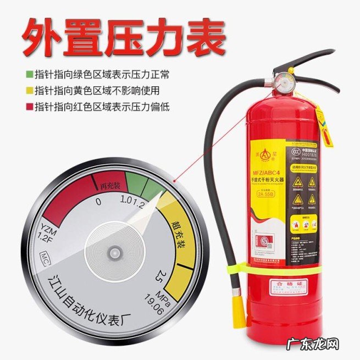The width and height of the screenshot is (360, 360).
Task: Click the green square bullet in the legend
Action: point(29,73)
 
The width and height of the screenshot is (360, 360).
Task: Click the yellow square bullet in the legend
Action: point(29,89)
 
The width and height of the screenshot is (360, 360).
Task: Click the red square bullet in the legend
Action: point(29,106)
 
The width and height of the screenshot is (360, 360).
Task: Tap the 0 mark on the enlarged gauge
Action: point(99,202)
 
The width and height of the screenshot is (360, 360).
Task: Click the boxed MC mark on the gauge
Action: point(47,256)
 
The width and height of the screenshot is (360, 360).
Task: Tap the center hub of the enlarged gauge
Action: point(114,252)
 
